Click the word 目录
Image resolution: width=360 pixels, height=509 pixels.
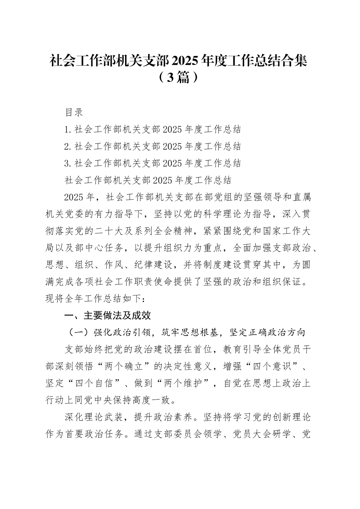tap(74, 112)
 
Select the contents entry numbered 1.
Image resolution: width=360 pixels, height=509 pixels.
tap(153, 130)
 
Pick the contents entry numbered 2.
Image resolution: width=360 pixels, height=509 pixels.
tap(153, 147)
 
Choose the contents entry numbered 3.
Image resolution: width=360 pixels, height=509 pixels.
tap(153, 163)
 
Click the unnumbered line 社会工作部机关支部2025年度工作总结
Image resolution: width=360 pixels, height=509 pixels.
tap(148, 180)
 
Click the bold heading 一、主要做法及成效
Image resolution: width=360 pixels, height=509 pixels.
tap(108, 315)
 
